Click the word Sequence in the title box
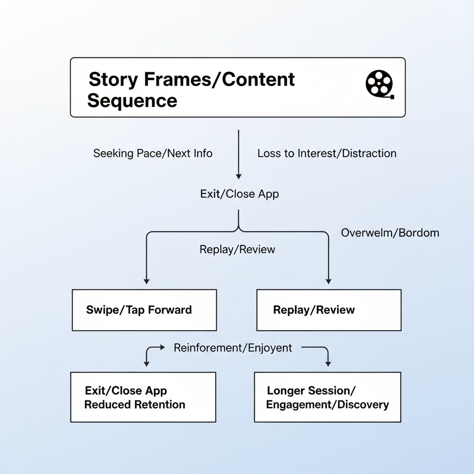tap(132, 100)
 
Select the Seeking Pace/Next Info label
tap(153, 153)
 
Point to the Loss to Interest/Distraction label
tap(327, 153)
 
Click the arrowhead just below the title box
tap(238, 176)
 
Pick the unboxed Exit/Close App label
tap(239, 193)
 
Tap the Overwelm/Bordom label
tap(390, 232)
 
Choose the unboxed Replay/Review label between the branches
tap(237, 249)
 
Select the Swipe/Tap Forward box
tap(144, 310)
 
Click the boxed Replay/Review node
tap(329, 310)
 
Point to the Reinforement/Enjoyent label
tap(233, 348)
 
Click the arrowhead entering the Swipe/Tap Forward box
tap(146, 281)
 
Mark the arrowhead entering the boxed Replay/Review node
tap(329, 281)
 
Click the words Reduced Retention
tap(135, 404)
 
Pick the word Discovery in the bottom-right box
tap(363, 404)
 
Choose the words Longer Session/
tap(312, 390)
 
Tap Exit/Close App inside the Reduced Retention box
tap(126, 390)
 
